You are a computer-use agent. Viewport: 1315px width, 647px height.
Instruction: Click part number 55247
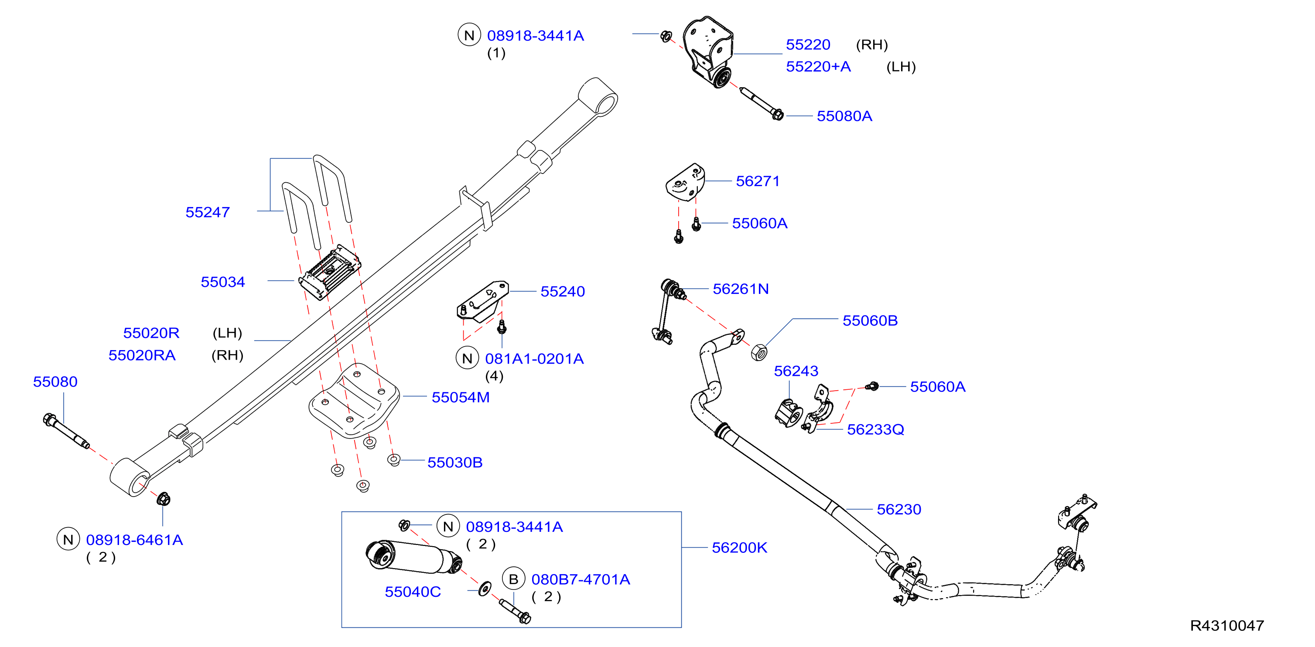[x=207, y=212]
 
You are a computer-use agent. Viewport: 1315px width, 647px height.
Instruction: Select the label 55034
[x=222, y=282]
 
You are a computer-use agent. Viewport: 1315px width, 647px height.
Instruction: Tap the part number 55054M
[x=461, y=397]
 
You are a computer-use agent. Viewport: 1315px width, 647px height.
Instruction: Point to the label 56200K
[x=739, y=548]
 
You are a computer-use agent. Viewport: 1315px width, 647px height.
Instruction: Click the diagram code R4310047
[x=1227, y=626]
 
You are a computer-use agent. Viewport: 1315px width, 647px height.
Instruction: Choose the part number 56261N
[x=741, y=289]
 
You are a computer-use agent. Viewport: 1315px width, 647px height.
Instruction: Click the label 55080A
[x=844, y=116]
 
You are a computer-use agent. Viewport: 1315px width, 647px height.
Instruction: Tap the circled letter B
[x=513, y=579]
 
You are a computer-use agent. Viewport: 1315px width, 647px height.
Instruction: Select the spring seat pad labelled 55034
[x=330, y=272]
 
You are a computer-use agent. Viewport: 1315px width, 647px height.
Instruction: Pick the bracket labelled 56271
[x=685, y=182]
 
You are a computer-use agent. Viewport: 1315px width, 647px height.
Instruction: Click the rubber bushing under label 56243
[x=789, y=414]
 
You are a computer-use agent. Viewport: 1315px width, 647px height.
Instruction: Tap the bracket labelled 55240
[x=482, y=301]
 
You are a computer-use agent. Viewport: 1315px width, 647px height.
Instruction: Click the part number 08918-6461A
[x=134, y=540]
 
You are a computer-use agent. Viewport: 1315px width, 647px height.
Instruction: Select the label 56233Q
[x=875, y=429]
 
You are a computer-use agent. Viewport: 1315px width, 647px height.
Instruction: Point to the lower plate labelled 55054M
[x=354, y=401]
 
